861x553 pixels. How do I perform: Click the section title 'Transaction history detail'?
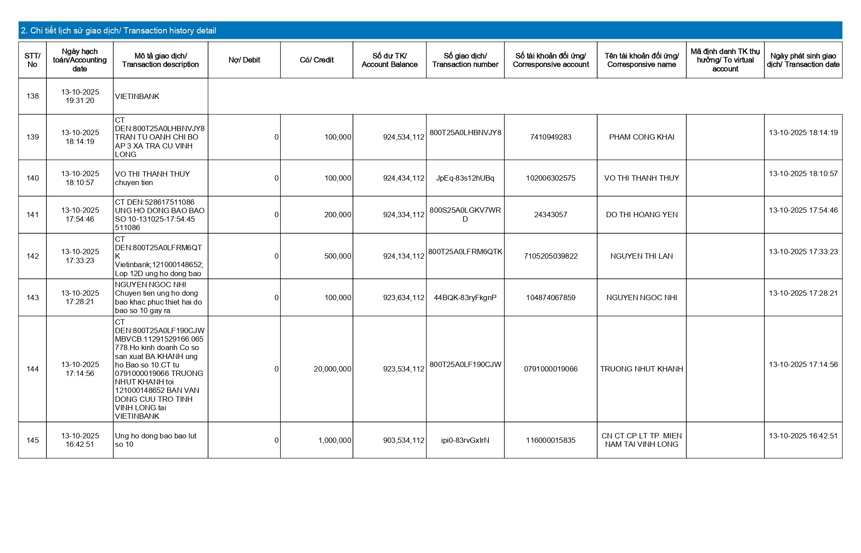pyautogui.click(x=119, y=30)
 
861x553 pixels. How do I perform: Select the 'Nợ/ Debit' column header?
pyautogui.click(x=244, y=60)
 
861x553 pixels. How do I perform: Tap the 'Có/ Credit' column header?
pyautogui.click(x=316, y=60)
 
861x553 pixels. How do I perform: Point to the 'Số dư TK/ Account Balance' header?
pyautogui.click(x=389, y=60)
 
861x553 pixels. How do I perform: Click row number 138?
pyautogui.click(x=33, y=96)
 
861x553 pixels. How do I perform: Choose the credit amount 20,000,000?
pyautogui.click(x=332, y=369)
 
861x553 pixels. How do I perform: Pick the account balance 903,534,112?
pyautogui.click(x=403, y=441)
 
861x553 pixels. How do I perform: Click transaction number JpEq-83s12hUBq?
pyautogui.click(x=465, y=178)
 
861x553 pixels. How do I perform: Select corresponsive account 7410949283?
pyautogui.click(x=550, y=137)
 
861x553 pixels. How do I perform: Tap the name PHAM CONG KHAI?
pyautogui.click(x=641, y=137)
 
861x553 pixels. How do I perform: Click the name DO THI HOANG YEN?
pyautogui.click(x=641, y=215)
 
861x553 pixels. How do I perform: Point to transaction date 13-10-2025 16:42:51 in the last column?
pyautogui.click(x=803, y=436)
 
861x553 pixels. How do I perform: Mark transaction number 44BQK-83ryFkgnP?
pyautogui.click(x=465, y=298)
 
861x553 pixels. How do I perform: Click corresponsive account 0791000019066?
pyautogui.click(x=550, y=369)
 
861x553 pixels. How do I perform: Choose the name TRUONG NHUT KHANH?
pyautogui.click(x=641, y=369)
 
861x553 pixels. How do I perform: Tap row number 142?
pyautogui.click(x=33, y=256)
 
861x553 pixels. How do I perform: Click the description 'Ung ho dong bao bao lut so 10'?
pyautogui.click(x=156, y=440)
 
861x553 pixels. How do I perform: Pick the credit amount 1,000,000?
pyautogui.click(x=334, y=441)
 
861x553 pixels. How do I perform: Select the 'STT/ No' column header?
pyautogui.click(x=33, y=60)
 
